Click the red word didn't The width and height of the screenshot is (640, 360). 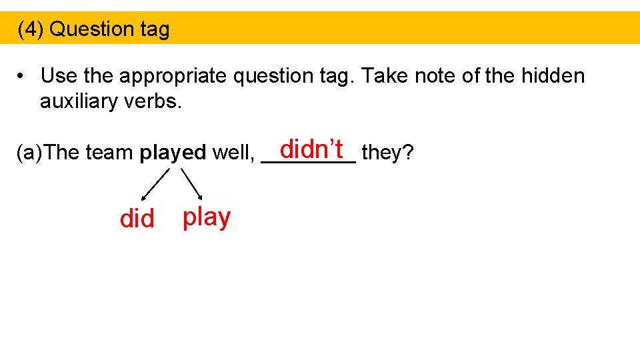point(311,149)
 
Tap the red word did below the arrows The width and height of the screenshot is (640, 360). point(137,219)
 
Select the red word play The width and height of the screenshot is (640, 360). point(207,217)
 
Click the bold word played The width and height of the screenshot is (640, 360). point(173,153)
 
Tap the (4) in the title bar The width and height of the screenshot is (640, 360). point(31,29)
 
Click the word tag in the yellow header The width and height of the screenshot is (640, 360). point(154,29)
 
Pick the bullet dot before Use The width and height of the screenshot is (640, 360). point(22,77)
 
